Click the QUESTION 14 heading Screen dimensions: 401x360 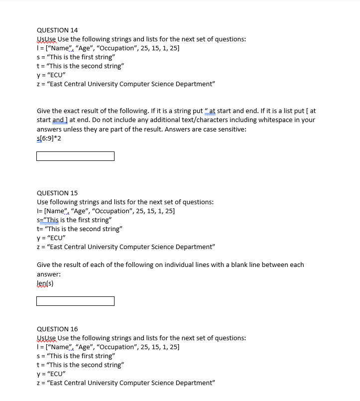coord(57,30)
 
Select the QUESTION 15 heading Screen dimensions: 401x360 coord(57,193)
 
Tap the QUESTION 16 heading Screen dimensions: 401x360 coord(57,329)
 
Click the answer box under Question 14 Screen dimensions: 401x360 coord(75,156)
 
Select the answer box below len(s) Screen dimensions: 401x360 coord(75,301)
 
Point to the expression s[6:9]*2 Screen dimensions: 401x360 coord(49,138)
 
